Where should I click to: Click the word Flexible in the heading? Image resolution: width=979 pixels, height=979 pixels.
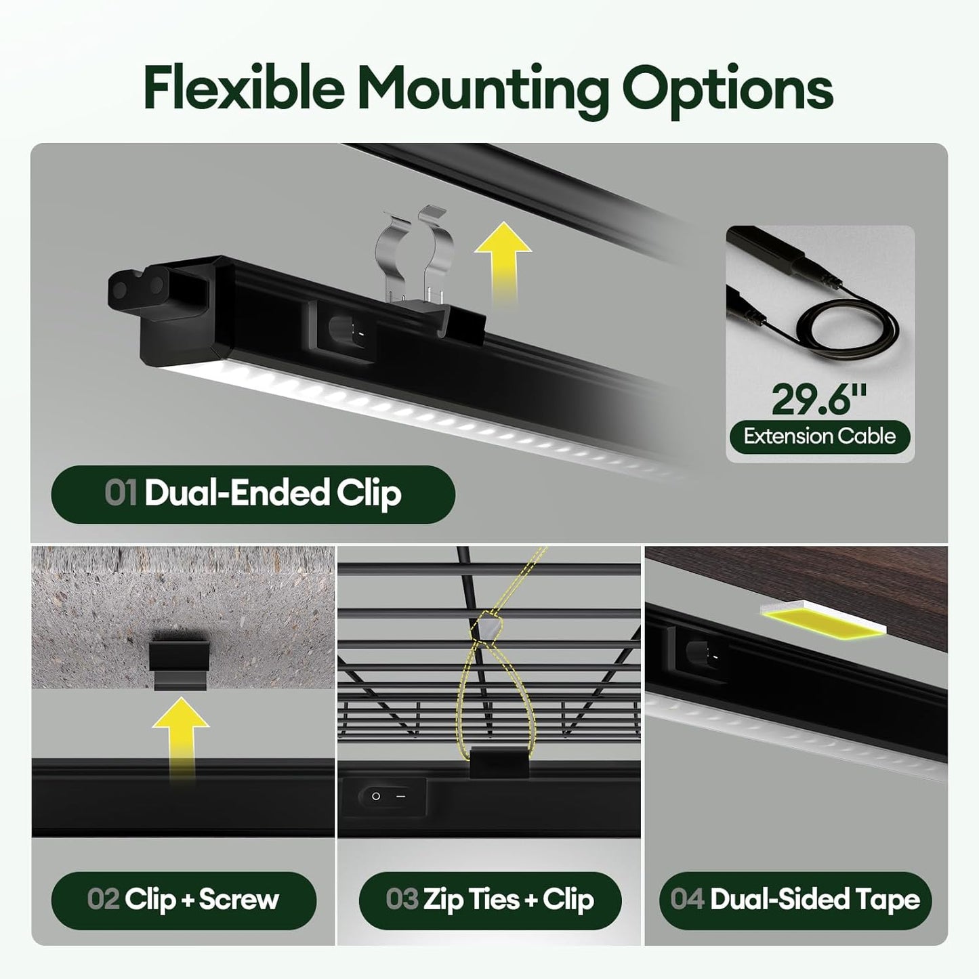click(x=245, y=87)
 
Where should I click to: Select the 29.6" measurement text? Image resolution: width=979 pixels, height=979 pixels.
click(x=819, y=399)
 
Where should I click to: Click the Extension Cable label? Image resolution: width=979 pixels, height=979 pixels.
click(x=820, y=436)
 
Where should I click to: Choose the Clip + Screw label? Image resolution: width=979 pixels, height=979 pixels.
click(x=184, y=900)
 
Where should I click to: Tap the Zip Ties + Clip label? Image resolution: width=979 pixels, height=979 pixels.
click(x=490, y=900)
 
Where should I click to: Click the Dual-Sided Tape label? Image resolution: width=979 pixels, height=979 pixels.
click(x=795, y=900)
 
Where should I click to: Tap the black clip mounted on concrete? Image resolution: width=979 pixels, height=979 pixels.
click(x=180, y=664)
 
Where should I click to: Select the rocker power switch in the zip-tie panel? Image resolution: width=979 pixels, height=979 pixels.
click(x=385, y=796)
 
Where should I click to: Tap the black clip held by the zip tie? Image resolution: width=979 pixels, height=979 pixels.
click(x=499, y=762)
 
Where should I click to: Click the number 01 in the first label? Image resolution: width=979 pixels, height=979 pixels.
click(x=121, y=492)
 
